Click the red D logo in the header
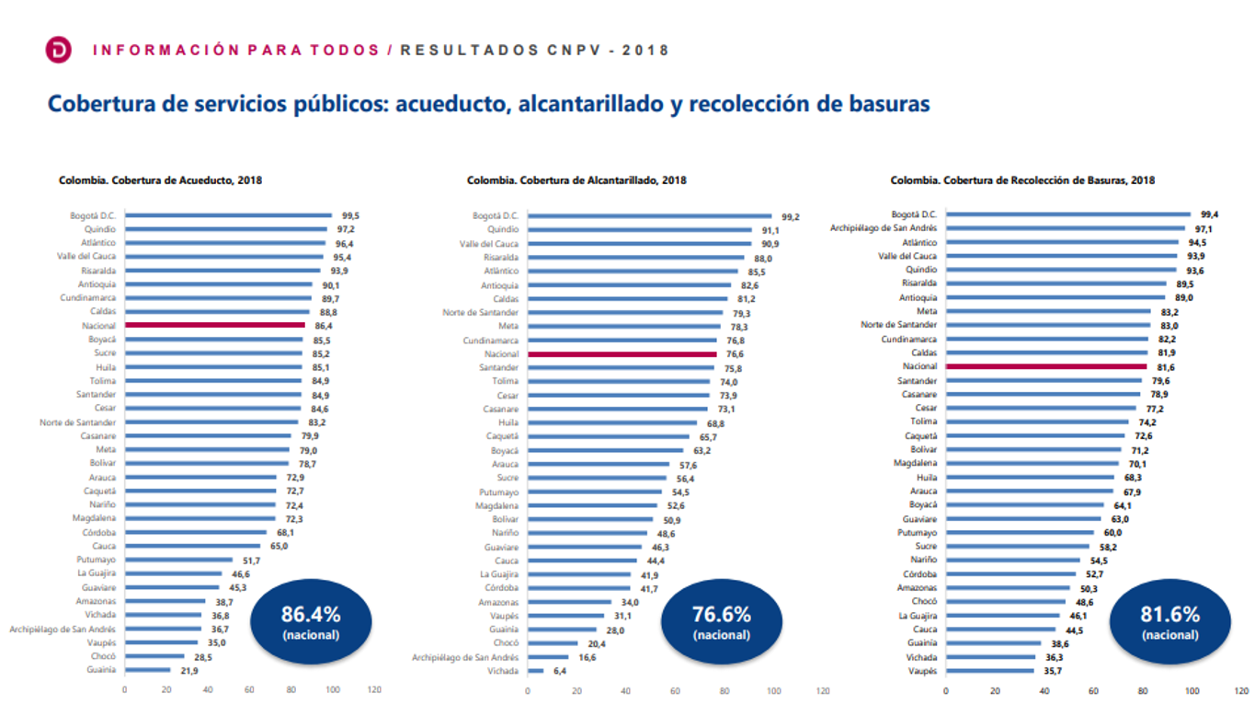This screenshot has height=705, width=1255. click(59, 51)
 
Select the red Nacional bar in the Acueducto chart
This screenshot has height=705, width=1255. click(214, 325)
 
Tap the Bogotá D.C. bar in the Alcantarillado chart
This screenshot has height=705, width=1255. click(650, 216)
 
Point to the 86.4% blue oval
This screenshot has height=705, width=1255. click(311, 621)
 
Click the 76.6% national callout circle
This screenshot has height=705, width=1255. click(721, 621)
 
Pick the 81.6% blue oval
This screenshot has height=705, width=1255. click(1169, 621)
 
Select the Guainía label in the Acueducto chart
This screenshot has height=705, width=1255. click(101, 670)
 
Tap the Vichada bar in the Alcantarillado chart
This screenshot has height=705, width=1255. click(534, 671)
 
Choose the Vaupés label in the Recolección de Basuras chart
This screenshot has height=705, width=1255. click(922, 671)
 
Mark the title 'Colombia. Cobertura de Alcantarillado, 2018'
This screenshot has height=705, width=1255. click(576, 180)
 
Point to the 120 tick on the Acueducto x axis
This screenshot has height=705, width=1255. click(374, 689)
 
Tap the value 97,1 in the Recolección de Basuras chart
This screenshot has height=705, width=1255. click(1204, 228)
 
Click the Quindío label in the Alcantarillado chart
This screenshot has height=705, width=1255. click(503, 230)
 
